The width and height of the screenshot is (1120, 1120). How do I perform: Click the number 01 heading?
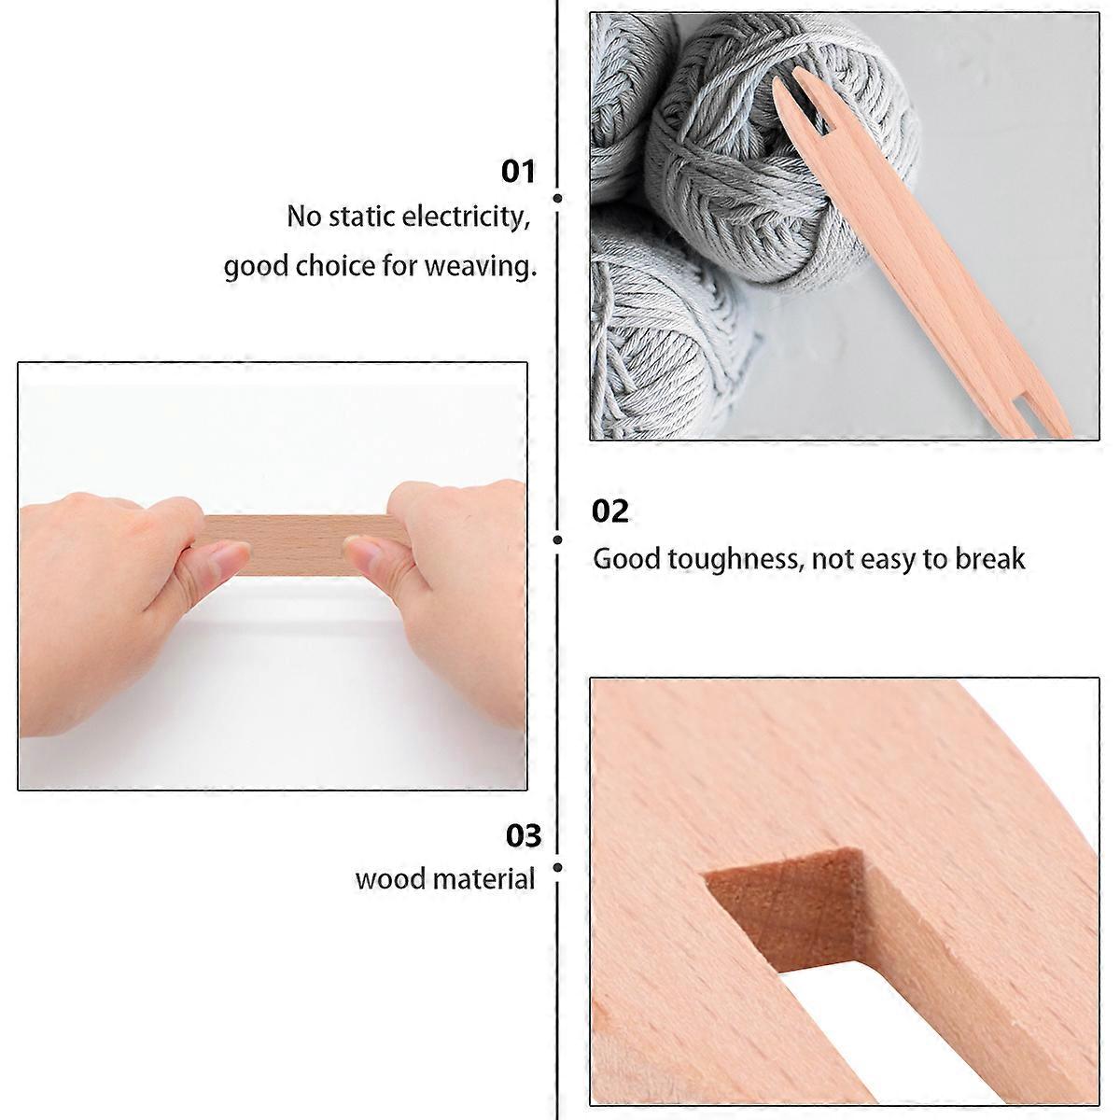[518, 172]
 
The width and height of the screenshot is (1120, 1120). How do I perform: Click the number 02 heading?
[609, 511]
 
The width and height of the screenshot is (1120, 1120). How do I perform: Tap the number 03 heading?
[523, 835]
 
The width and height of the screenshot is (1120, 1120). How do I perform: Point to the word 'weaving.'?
[481, 267]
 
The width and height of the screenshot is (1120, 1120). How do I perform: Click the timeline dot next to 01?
[557, 198]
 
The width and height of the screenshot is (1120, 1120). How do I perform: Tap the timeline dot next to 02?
[557, 540]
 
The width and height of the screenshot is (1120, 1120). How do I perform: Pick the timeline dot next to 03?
[557, 868]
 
